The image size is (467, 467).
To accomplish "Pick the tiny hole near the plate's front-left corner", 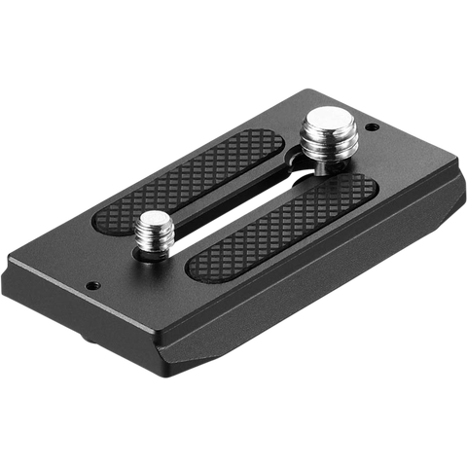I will pyautogui.click(x=93, y=285).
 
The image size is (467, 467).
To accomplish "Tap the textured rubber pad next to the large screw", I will pyautogui.click(x=214, y=175).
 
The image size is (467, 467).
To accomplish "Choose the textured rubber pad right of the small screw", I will pyautogui.click(x=282, y=229).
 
